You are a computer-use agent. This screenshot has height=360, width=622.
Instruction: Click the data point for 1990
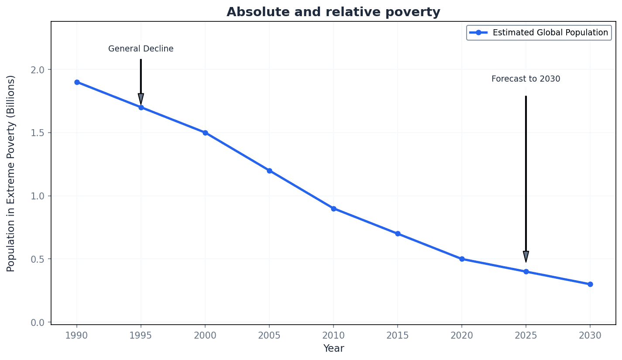77,82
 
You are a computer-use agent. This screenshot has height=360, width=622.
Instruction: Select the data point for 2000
205,133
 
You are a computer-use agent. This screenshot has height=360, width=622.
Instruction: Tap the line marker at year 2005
269,171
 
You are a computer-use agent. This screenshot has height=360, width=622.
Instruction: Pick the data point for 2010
333,209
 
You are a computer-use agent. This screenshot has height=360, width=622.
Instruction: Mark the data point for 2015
398,234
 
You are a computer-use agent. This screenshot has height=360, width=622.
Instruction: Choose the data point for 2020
462,259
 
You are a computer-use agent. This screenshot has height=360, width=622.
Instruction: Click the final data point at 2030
590,284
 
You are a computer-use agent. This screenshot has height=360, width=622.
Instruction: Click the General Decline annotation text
141,49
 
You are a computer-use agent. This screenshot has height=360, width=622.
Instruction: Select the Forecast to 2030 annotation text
526,79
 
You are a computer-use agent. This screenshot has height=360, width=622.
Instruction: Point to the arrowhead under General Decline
141,99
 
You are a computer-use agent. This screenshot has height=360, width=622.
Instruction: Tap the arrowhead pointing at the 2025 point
526,257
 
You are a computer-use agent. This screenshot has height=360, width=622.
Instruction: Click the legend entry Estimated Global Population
550,33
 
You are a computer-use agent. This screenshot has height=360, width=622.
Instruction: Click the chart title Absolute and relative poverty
333,12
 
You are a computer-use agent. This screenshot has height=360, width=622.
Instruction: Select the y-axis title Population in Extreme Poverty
11,173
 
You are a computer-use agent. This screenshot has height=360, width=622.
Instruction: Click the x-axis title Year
333,349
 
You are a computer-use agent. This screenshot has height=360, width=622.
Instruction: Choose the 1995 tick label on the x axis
141,336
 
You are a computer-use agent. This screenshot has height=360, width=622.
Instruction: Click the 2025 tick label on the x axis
526,336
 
